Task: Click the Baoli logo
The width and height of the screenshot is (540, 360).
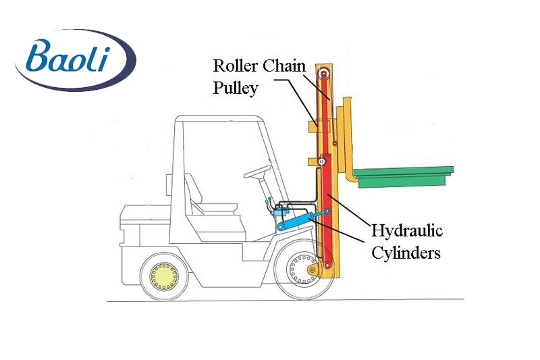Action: click(x=75, y=60)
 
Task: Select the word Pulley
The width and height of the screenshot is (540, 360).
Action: click(x=236, y=88)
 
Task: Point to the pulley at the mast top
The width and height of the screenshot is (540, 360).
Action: click(x=325, y=74)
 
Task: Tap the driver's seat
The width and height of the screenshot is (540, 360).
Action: click(x=202, y=196)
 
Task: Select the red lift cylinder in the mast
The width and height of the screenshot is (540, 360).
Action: click(x=327, y=209)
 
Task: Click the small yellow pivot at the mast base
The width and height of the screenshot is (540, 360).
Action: click(x=312, y=272)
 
